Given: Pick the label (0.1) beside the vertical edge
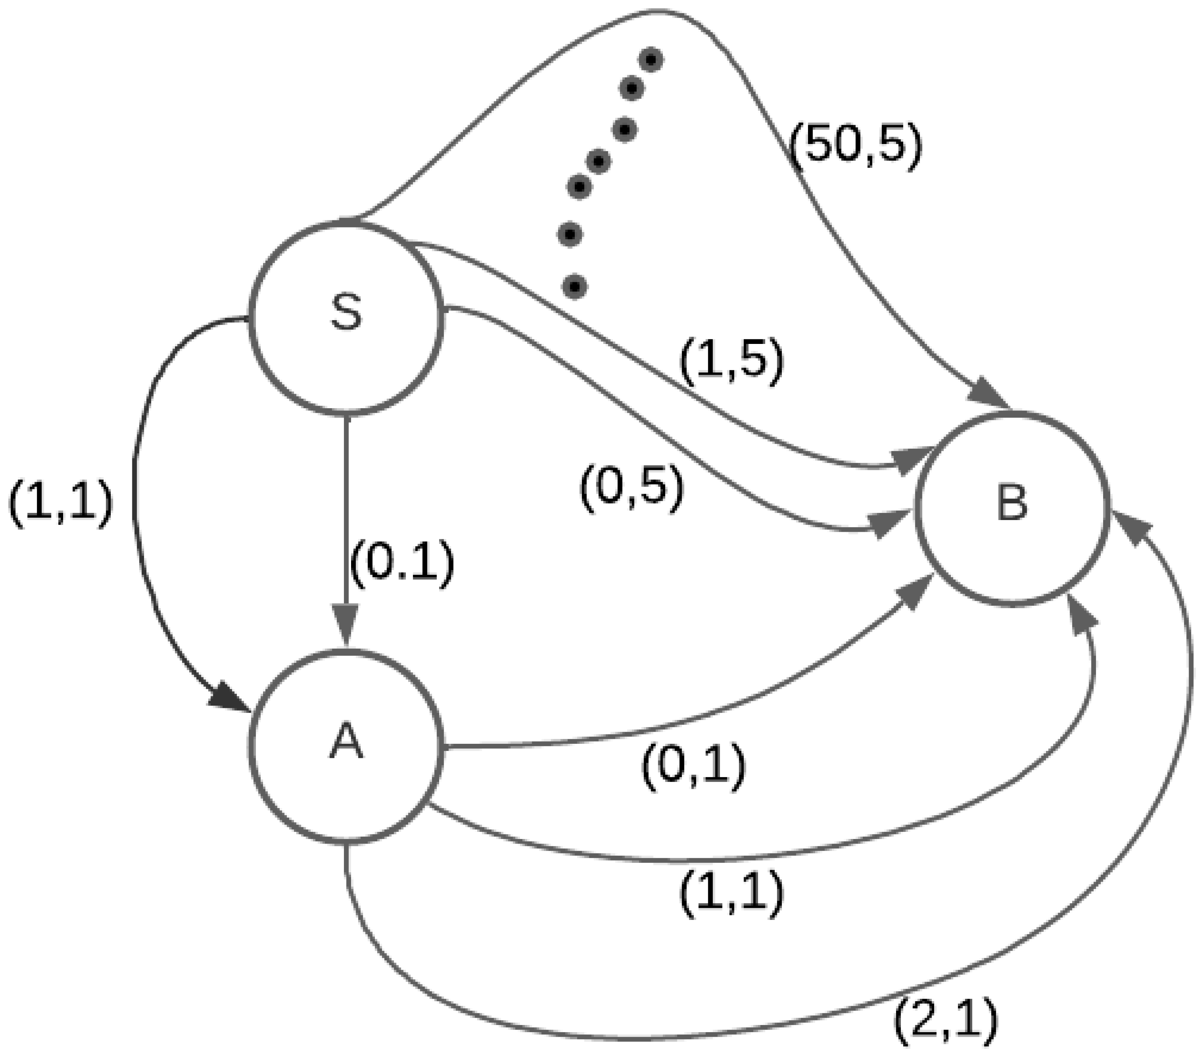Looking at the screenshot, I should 402,562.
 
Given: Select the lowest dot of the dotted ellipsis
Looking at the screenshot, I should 575,287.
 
